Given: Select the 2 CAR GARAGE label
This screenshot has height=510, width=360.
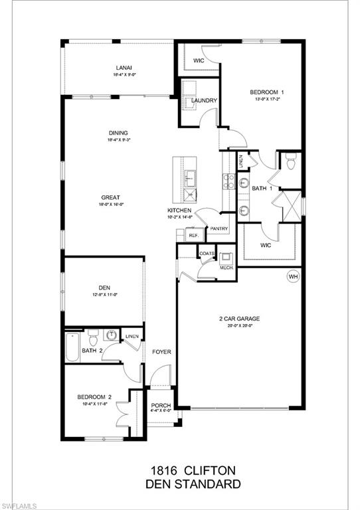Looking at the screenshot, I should pos(240,319).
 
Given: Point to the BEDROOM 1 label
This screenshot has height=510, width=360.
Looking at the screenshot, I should pos(267,92).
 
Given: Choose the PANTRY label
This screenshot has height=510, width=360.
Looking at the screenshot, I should pos(219,230).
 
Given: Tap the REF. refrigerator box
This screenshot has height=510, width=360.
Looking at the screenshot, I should pos(194,236).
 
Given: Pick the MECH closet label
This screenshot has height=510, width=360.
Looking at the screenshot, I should pos(225,267).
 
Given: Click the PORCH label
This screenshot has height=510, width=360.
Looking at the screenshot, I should pos(161,406).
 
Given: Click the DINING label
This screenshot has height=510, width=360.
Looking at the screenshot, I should pos(119,133).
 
